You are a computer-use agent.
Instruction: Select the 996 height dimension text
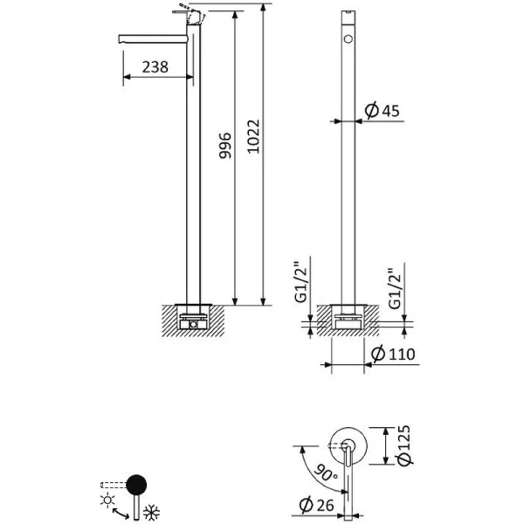point(224,147)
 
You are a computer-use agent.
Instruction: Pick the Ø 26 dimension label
point(314,504)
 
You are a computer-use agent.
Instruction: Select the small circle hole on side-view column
point(348,40)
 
